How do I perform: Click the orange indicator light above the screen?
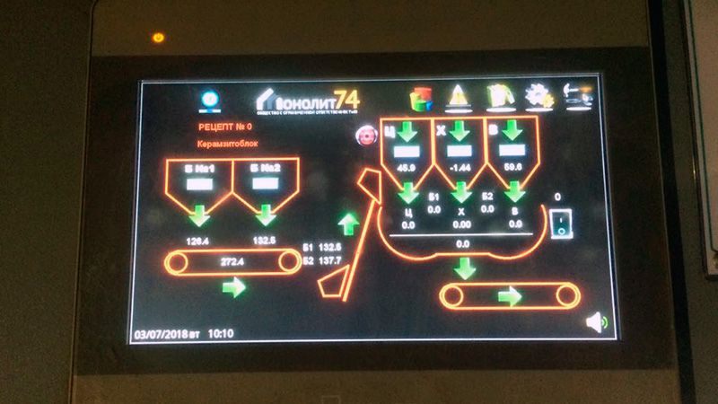159,38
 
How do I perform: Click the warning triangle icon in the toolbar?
459,96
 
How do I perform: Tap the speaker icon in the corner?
595,321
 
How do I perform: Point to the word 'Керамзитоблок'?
227,144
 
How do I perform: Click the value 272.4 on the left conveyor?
232,260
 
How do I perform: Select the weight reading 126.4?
197,240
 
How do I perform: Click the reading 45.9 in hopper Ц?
406,168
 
